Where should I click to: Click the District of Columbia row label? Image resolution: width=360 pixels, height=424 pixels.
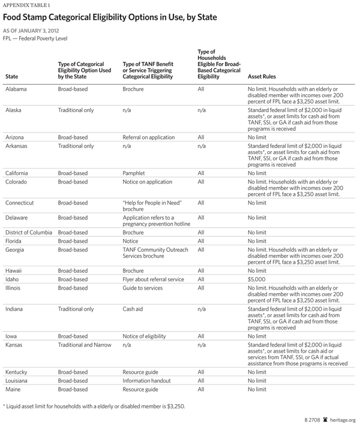(x=29, y=231)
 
